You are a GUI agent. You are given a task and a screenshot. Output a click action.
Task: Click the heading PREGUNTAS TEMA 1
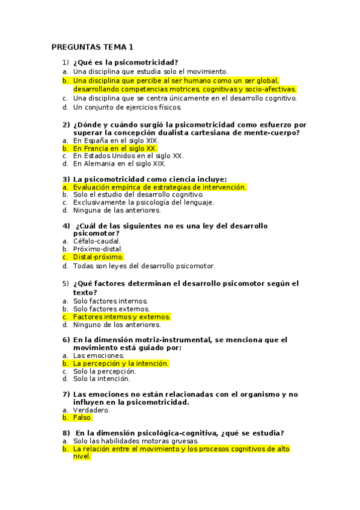tap(93, 47)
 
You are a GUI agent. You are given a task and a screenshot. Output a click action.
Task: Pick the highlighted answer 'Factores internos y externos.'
tap(121, 317)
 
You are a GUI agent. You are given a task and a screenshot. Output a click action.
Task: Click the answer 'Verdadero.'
tap(92, 410)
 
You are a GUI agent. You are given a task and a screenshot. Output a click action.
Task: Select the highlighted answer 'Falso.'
tap(83, 417)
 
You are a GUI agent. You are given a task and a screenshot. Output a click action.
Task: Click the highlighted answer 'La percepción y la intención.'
tap(121, 364)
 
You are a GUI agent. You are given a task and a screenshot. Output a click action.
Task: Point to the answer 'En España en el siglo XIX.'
tap(116, 140)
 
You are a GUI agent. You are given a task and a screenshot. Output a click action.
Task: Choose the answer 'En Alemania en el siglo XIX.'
tap(120, 163)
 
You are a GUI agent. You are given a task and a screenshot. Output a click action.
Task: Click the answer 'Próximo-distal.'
tap(98, 249)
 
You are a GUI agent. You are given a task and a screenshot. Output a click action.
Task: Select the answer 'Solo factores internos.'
tap(110, 301)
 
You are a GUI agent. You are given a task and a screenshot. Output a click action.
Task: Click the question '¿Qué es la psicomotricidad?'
tap(126, 62)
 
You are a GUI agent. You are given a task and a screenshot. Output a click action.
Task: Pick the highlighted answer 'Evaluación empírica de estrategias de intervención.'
tap(159, 187)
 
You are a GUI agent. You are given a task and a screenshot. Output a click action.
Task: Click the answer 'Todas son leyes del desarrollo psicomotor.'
tap(144, 266)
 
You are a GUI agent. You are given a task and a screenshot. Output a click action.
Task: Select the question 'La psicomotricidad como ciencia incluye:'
tap(150, 179)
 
